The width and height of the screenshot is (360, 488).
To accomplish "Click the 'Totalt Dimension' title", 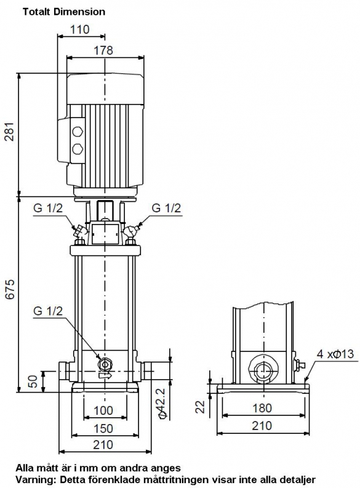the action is [x=64, y=12].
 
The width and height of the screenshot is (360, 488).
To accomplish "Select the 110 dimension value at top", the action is [x=79, y=30].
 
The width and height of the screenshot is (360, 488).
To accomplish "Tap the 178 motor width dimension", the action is [x=103, y=50].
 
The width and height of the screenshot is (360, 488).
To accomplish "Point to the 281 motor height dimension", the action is [x=10, y=132].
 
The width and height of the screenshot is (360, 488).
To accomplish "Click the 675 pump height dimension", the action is [x=10, y=289].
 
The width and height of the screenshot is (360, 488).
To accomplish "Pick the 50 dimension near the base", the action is [x=33, y=382].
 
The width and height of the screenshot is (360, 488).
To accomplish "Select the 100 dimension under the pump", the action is [x=103, y=410].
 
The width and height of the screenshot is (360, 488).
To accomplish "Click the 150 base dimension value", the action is [x=103, y=428].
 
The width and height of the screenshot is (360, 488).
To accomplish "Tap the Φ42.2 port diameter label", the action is [x=162, y=404].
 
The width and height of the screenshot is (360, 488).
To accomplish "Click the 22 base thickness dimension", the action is [x=201, y=406].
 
